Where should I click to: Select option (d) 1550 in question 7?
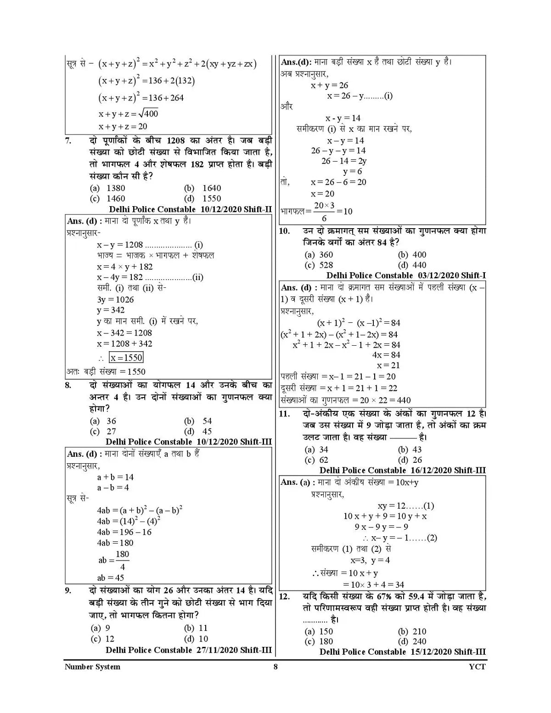(x=202, y=198)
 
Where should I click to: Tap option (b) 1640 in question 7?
(x=202, y=188)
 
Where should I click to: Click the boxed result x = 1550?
(x=126, y=358)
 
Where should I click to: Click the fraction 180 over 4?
(x=122, y=560)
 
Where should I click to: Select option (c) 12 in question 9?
(x=103, y=639)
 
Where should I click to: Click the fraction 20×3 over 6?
(x=324, y=211)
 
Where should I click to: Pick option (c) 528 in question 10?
(x=319, y=265)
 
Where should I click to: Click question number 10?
(x=285, y=231)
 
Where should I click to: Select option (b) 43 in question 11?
(x=410, y=449)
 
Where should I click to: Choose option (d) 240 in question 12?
(x=412, y=641)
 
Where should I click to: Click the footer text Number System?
(x=92, y=667)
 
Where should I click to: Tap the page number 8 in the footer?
(x=275, y=667)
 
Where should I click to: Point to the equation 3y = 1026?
(x=115, y=299)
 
